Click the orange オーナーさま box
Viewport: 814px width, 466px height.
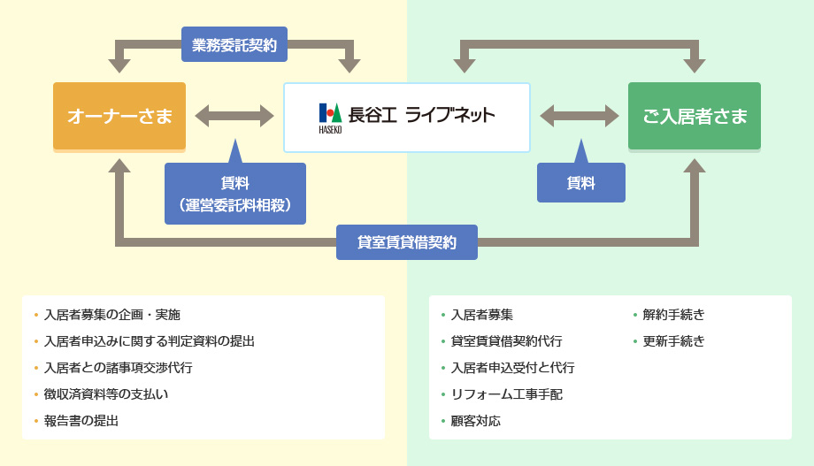[x=119, y=116]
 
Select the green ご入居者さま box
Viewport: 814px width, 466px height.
[x=694, y=116]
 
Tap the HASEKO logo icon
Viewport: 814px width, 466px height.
[x=330, y=118]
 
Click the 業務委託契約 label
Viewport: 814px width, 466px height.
[x=234, y=44]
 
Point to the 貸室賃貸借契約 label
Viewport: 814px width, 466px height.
[x=407, y=242]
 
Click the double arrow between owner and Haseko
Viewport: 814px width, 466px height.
[x=234, y=116]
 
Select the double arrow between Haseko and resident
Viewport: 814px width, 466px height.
[x=580, y=116]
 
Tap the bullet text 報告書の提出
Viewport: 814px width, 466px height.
[x=81, y=421]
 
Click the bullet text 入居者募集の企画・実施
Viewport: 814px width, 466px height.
[x=112, y=315]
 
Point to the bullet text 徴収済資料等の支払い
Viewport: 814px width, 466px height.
[x=106, y=394]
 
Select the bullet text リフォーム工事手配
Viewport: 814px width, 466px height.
[x=507, y=394]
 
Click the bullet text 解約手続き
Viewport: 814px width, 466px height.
[x=673, y=315]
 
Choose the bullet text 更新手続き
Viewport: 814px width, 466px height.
[x=673, y=341]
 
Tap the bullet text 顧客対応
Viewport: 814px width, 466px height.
[x=475, y=421]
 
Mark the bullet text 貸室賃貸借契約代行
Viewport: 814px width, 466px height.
[x=507, y=341]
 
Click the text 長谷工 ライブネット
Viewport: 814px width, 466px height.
[x=421, y=115]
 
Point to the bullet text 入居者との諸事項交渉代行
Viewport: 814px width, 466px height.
[x=119, y=367]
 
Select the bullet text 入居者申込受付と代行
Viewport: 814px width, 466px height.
[x=513, y=367]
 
